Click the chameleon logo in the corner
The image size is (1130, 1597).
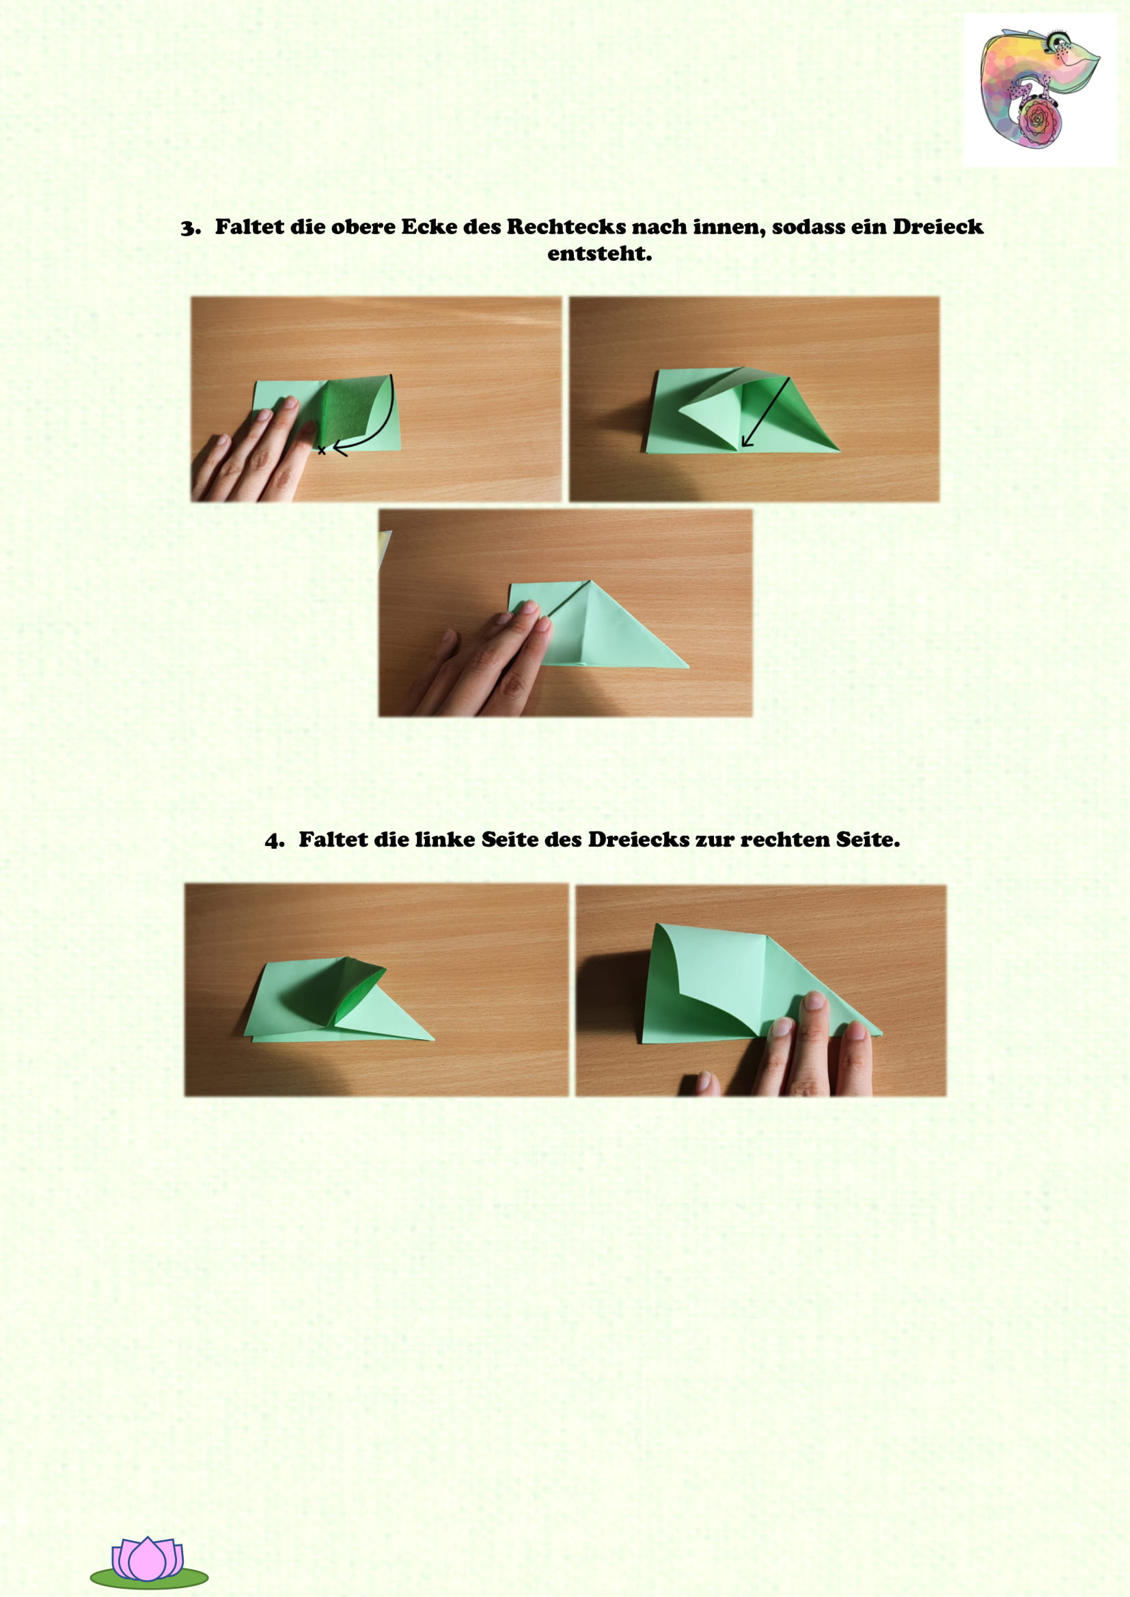point(1040,90)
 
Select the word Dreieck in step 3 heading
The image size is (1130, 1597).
point(938,227)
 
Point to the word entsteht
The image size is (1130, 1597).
point(599,254)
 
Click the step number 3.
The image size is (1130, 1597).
point(189,228)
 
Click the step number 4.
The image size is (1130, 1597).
point(274,841)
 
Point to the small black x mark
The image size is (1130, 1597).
point(322,451)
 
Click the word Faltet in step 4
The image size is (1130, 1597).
point(333,840)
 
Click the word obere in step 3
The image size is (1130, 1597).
point(363,227)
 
